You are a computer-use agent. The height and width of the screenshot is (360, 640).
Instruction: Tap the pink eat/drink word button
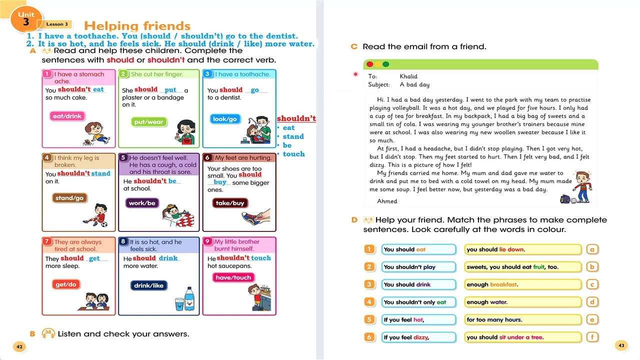pyautogui.click(x=66, y=116)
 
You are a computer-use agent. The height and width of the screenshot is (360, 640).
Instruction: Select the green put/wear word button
pyautogui.click(x=148, y=122)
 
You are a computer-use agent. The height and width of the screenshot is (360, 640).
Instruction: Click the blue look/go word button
pyautogui.click(x=224, y=119)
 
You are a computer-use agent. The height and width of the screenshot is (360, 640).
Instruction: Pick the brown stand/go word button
pyautogui.click(x=69, y=198)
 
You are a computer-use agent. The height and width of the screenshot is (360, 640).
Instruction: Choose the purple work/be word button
pyautogui.click(x=142, y=203)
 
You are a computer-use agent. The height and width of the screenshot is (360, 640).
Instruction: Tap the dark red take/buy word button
pyautogui.click(x=230, y=203)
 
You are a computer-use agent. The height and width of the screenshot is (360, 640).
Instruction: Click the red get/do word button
pyautogui.click(x=66, y=284)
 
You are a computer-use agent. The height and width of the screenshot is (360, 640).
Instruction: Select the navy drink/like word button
pyautogui.click(x=148, y=285)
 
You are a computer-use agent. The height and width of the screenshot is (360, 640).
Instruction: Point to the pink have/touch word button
pyautogui.click(x=233, y=277)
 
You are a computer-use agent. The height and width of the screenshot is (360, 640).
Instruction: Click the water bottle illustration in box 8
pyautogui.click(x=189, y=298)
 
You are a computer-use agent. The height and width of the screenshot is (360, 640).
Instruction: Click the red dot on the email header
pyautogui.click(x=370, y=64)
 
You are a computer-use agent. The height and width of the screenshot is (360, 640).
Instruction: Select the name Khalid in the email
pyautogui.click(x=408, y=76)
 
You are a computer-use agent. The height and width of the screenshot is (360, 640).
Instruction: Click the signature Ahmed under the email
pyautogui.click(x=387, y=201)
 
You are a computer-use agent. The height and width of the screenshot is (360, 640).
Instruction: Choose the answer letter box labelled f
pyautogui.click(x=592, y=337)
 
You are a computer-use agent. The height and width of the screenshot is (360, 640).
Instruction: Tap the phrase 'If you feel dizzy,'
pyautogui.click(x=406, y=337)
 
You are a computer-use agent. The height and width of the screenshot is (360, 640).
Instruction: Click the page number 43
pyautogui.click(x=621, y=345)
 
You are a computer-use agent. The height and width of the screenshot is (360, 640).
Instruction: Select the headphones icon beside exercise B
pyautogui.click(x=48, y=333)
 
